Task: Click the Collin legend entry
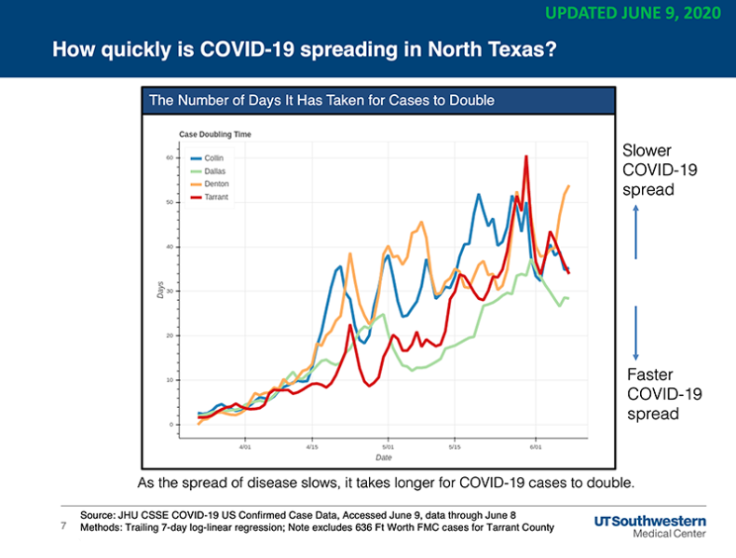207,158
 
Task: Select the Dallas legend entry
208,171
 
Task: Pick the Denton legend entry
210,184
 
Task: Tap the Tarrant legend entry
209,197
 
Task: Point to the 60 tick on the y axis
170,157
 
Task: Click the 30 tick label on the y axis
170,291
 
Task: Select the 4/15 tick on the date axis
312,447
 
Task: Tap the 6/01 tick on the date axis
536,447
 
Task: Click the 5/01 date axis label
388,447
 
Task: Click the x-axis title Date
384,457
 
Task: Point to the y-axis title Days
160,290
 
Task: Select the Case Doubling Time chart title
215,134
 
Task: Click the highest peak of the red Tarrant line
526,157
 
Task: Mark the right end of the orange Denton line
569,185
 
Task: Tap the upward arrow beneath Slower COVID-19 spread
636,232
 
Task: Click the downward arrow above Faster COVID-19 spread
636,333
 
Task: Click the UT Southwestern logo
650,526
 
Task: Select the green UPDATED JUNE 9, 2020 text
634,13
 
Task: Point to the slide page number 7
63,525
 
